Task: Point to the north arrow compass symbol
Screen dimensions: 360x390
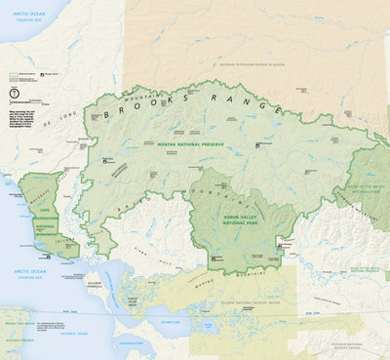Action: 15,91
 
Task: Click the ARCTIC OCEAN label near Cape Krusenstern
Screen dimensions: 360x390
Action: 19,270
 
